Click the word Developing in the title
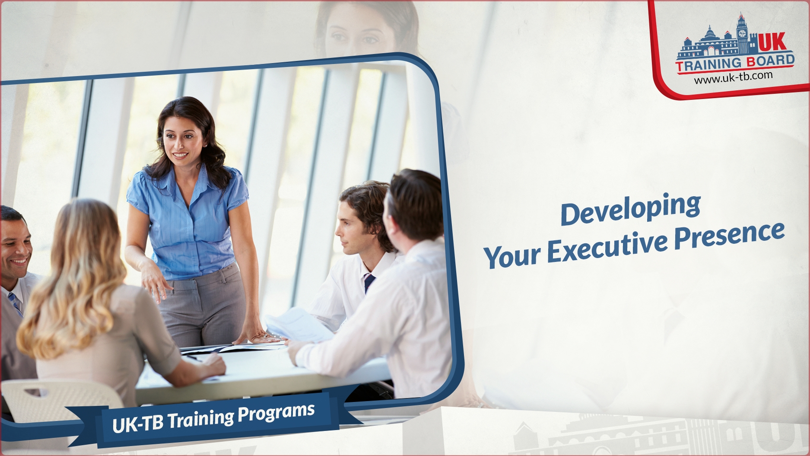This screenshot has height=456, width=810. [630, 209]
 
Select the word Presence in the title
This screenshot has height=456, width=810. [730, 235]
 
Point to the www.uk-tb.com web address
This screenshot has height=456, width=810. [733, 77]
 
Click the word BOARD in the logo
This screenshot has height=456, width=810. [771, 61]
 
